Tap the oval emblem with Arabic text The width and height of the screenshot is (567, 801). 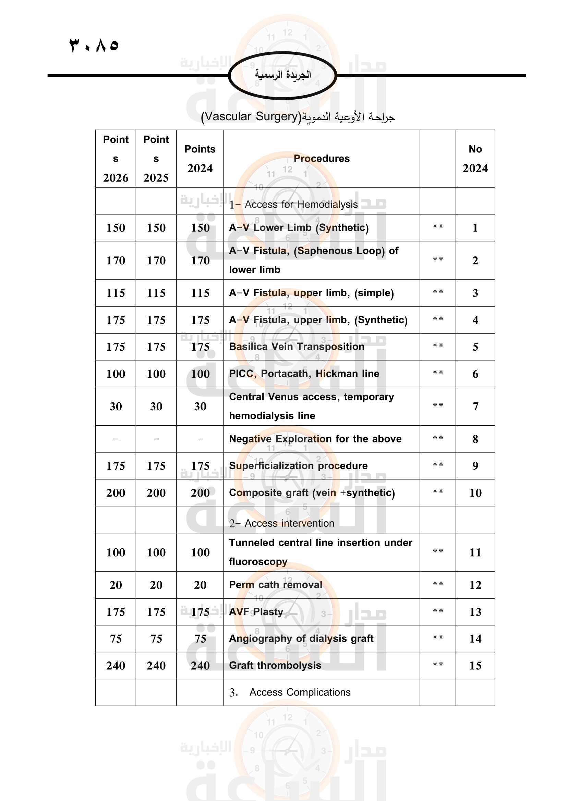(x=282, y=75)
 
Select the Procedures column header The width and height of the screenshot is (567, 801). (x=321, y=159)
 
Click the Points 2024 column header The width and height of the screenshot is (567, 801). (x=200, y=159)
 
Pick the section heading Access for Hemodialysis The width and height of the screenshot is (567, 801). (x=301, y=204)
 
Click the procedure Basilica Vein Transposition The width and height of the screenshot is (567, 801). (x=297, y=347)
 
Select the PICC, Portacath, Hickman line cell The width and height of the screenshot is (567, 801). (x=304, y=373)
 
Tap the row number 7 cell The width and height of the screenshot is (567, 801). (x=475, y=406)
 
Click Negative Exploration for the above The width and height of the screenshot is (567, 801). (x=315, y=439)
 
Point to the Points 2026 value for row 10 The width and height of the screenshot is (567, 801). (x=116, y=492)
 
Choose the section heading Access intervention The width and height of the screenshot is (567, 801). (x=289, y=523)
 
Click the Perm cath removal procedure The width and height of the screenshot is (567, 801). (x=276, y=585)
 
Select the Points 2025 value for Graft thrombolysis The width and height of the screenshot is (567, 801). (x=156, y=665)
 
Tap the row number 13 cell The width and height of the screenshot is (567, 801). (x=475, y=612)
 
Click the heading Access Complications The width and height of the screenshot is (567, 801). (x=300, y=692)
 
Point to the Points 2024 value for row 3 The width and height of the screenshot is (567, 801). (x=200, y=293)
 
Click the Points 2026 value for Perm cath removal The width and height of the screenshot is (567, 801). (x=116, y=585)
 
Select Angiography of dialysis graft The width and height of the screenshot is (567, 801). (x=301, y=638)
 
